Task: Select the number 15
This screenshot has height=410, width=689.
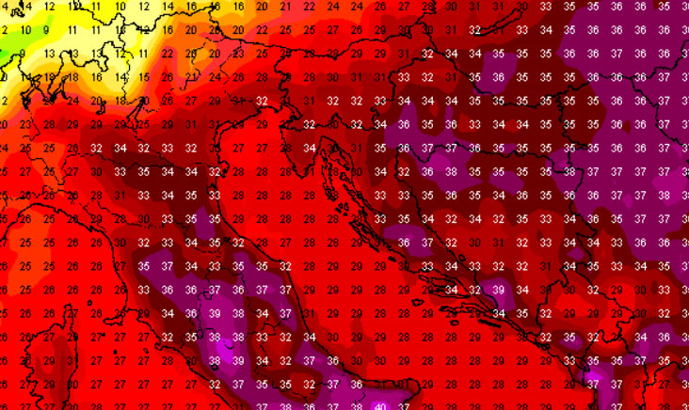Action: point(144,29)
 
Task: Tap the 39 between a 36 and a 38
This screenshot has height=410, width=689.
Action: point(216,313)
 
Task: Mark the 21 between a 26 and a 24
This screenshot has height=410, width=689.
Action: point(192,76)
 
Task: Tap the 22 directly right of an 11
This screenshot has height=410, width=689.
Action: point(168,53)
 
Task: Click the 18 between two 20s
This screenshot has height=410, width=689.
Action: point(120,100)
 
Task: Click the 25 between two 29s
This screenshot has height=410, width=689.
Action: point(144,124)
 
